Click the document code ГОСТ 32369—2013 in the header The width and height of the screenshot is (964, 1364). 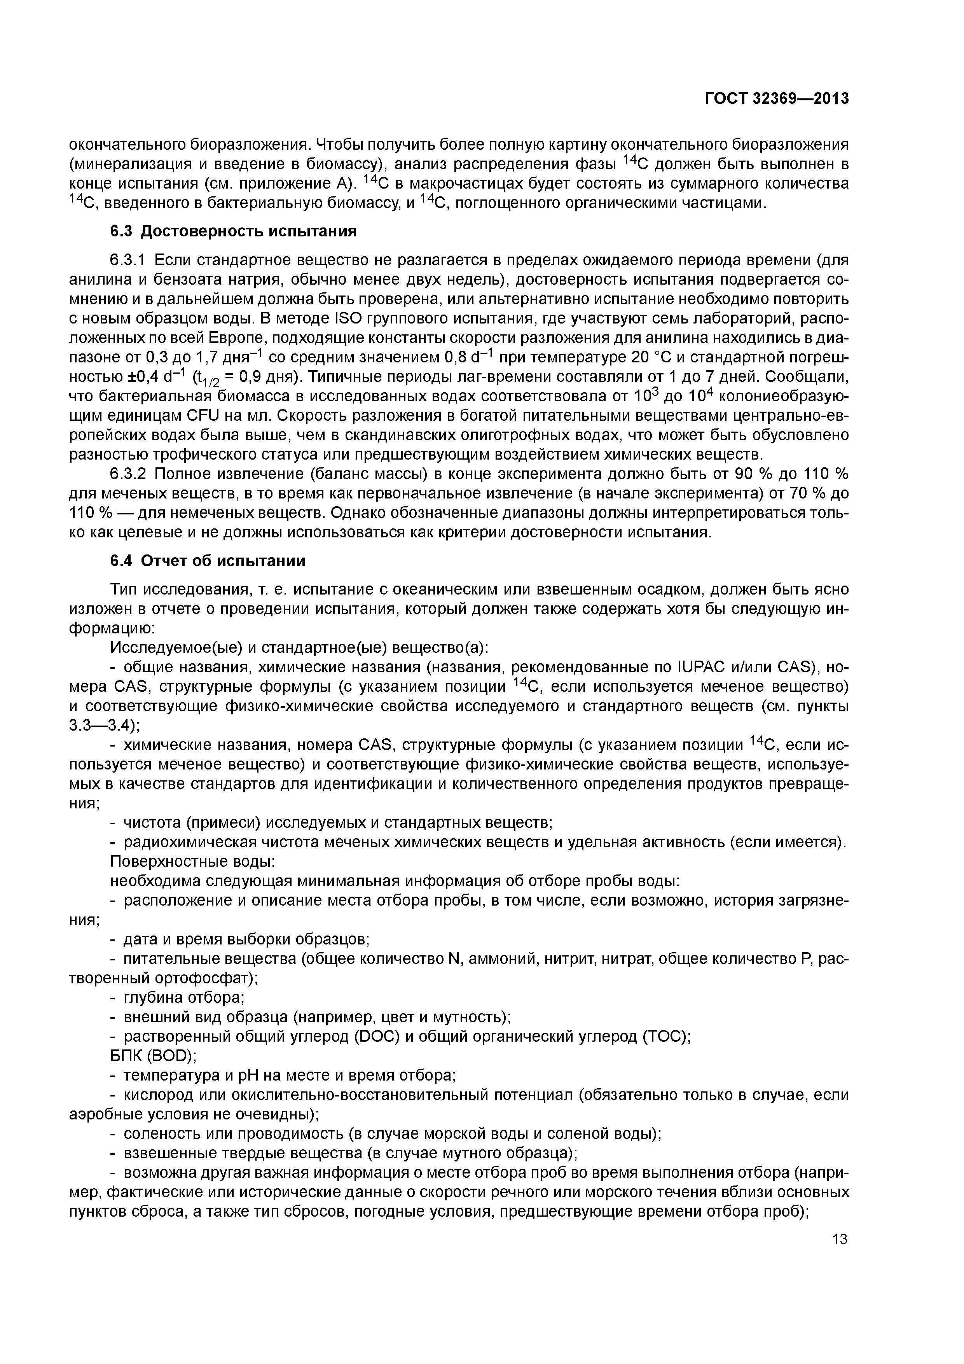(776, 99)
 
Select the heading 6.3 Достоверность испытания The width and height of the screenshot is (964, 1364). (234, 232)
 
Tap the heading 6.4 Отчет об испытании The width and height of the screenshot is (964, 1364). (208, 561)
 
